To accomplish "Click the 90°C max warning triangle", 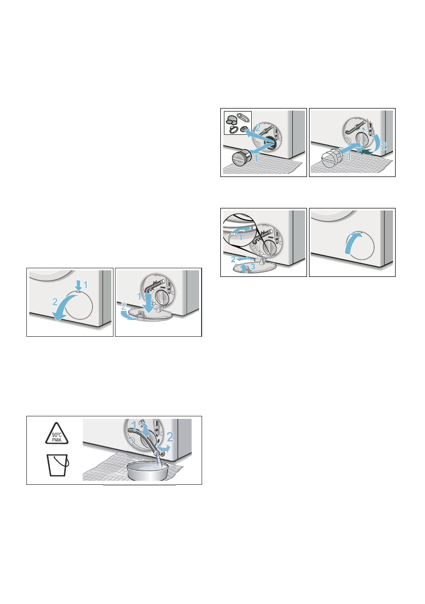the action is coord(57,434).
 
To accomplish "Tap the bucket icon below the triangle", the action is coord(58,466).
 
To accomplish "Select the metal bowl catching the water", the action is coord(147,471).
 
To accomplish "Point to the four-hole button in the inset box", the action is coord(243,129).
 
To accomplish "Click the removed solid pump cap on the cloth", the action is coord(242,158).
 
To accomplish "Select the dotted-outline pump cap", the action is coord(331,157).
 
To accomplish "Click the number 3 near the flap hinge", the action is coord(253,266).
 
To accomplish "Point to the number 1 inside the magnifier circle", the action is coord(241,237).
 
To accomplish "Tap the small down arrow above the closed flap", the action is coord(79,286).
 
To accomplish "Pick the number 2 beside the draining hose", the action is coord(170,437).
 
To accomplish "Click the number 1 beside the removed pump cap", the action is coord(256,158).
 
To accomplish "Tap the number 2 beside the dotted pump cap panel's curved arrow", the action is coord(383,146).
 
